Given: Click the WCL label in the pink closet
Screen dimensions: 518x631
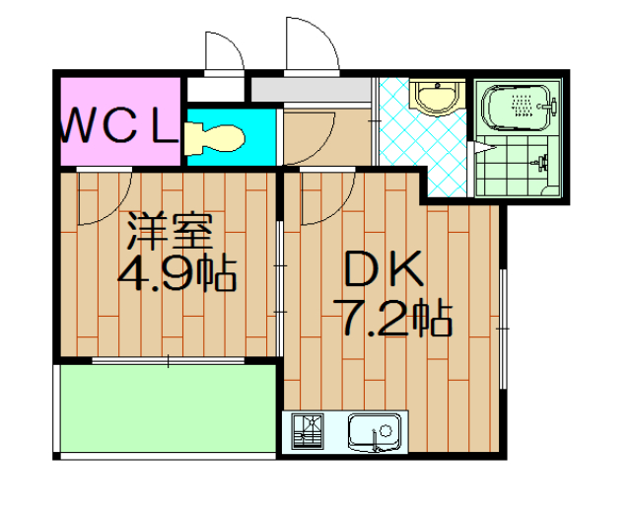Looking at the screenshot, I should coord(119,126).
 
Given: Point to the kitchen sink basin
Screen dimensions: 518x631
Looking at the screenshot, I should coord(374,433).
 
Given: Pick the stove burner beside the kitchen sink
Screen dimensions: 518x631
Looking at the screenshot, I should coord(311,433).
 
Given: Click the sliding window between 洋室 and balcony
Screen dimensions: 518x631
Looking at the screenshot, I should coord(168,361).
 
